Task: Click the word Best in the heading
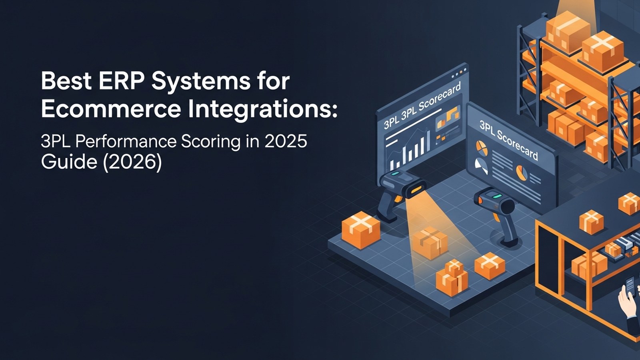[66, 81]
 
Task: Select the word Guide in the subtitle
[68, 162]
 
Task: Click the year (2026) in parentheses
[132, 162]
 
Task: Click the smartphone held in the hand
[630, 286]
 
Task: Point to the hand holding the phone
[626, 300]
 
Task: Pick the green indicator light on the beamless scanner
[497, 196]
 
